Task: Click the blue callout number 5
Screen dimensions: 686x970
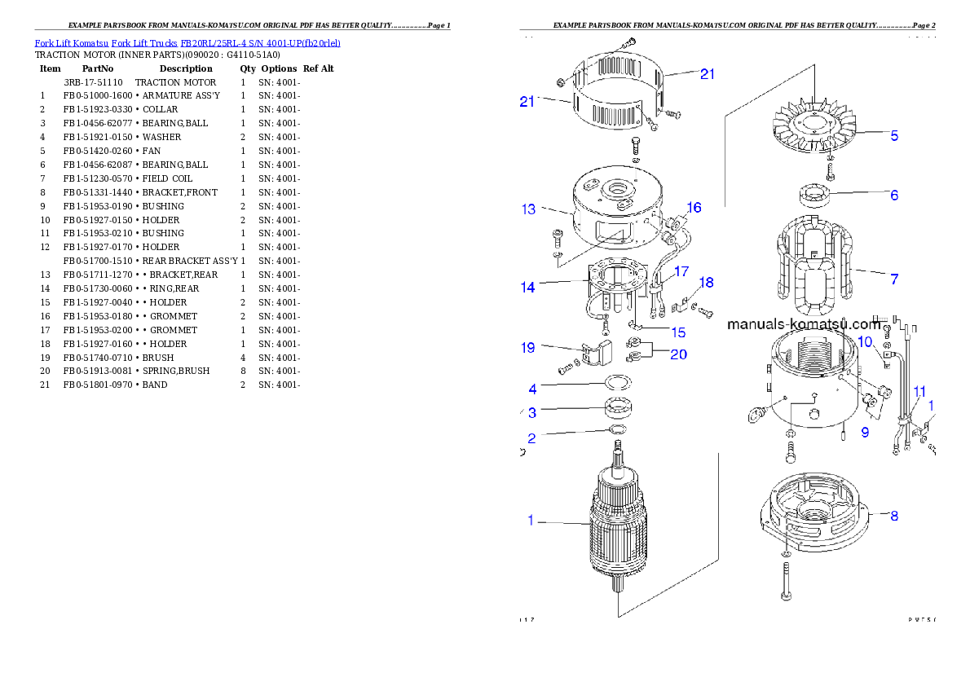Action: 894,136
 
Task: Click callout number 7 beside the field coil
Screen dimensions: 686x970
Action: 894,279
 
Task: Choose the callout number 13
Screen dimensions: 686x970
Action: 529,209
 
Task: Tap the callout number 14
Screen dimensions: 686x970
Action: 528,288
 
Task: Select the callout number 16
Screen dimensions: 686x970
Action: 694,208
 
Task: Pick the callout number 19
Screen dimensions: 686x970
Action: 528,348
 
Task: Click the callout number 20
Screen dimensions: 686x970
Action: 678,354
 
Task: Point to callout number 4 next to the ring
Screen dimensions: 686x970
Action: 532,389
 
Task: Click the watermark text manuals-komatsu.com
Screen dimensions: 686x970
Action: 803,323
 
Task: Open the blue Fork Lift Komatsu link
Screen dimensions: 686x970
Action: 187,42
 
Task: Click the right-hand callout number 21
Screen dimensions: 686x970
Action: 708,74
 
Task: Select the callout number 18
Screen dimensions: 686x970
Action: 706,283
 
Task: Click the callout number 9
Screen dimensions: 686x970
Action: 865,433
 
